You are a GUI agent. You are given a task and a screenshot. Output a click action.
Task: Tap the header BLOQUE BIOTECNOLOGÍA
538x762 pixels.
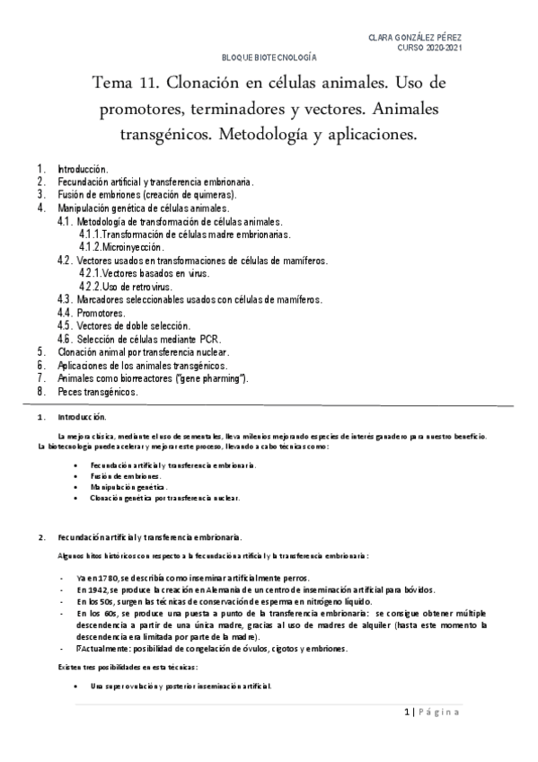(x=269, y=57)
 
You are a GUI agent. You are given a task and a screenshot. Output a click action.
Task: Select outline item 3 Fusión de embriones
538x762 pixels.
(x=147, y=194)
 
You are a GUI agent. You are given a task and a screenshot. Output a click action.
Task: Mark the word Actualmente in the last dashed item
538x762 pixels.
(x=103, y=649)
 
